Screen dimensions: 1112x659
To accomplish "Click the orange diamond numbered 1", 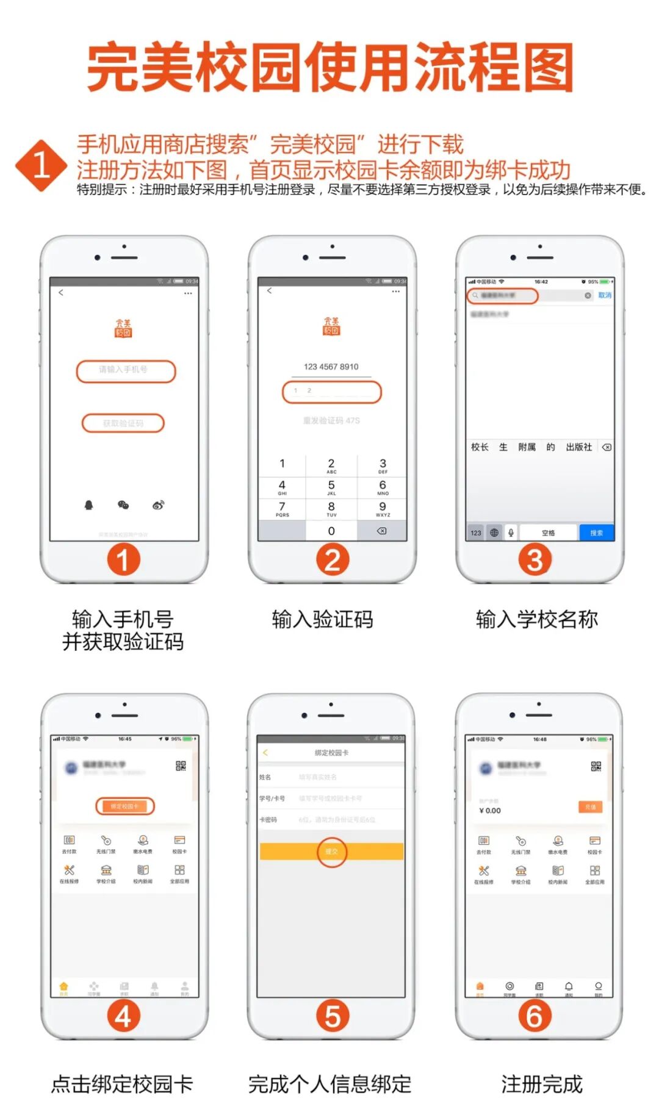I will click(x=41, y=165).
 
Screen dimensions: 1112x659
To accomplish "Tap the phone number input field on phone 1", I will click(x=126, y=370).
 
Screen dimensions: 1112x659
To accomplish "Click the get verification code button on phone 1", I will click(x=123, y=423).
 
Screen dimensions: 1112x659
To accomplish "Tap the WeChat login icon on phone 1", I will click(x=123, y=504).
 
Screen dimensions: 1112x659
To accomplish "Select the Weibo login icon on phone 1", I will click(x=159, y=504).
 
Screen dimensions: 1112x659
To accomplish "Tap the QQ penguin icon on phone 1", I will click(x=88, y=504).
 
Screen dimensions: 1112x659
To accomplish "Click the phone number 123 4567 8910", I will click(x=331, y=367).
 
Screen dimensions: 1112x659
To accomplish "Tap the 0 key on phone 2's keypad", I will click(x=331, y=531).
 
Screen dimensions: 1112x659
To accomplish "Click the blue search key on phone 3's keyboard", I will click(x=596, y=533).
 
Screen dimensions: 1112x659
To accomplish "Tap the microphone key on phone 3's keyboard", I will click(x=511, y=533).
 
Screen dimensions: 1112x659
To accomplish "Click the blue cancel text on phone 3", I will click(x=604, y=295).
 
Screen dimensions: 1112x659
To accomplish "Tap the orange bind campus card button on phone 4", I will click(x=124, y=806).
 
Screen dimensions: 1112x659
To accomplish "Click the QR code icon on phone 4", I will click(x=181, y=766).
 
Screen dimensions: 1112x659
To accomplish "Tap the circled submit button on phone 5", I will click(x=331, y=851).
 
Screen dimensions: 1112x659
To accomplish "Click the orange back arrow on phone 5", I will click(x=265, y=753).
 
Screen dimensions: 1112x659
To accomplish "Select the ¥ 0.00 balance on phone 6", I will click(x=490, y=811).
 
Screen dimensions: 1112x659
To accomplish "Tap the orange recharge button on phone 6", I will click(x=590, y=807).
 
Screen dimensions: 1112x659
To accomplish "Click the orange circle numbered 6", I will click(x=535, y=1016).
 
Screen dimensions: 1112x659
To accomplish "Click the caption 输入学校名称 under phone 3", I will click(x=537, y=619).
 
